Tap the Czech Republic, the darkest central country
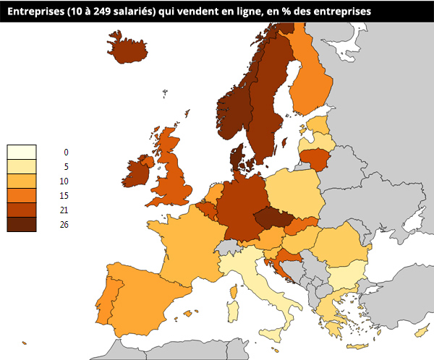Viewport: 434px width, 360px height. coord(272,218)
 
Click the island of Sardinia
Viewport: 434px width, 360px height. coord(233,312)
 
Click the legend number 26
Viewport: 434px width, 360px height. coord(64,224)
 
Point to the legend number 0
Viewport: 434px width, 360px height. coord(66,152)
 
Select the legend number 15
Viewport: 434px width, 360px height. coord(64,195)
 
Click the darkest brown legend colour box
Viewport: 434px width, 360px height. coord(22,224)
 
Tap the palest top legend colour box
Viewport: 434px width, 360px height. coord(22,152)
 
